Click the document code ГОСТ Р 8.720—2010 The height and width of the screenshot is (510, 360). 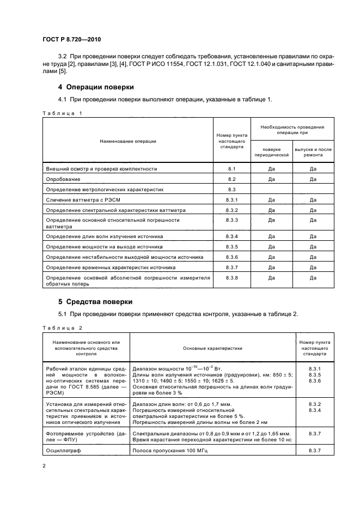pyautogui.click(x=71, y=40)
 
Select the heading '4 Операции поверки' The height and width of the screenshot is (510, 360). pyautogui.click(x=96, y=87)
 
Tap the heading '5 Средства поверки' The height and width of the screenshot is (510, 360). pyautogui.click(x=95, y=301)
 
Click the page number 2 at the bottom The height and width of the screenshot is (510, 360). pyautogui.click(x=45, y=466)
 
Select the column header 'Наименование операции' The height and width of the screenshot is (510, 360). pyautogui.click(x=128, y=141)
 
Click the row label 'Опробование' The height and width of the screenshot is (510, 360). pyautogui.click(x=63, y=179)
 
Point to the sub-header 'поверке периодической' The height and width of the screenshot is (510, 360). pyautogui.click(x=271, y=152)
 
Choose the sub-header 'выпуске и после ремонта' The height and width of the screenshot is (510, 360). pyautogui.click(x=313, y=152)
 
